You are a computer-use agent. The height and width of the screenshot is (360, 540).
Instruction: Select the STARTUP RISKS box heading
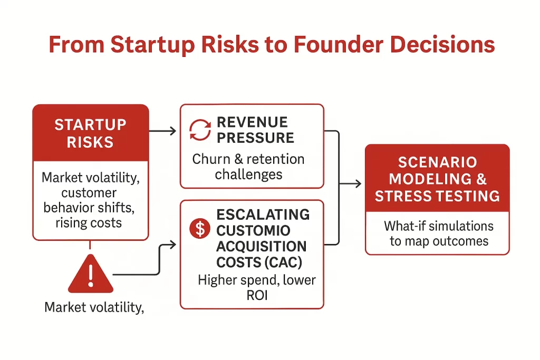(91, 133)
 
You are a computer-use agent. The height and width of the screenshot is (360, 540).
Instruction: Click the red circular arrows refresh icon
(200, 130)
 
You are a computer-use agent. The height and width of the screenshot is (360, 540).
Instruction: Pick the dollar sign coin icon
(200, 229)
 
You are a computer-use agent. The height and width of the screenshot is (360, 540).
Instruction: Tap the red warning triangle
(91, 274)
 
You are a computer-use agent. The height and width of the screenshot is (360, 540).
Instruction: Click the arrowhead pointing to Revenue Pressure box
(173, 131)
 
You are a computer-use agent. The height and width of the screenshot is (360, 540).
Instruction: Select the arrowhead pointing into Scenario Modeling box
(359, 183)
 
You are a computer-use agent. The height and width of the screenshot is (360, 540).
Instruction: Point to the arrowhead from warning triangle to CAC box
(173, 245)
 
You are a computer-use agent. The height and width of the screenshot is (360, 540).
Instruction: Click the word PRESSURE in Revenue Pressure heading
(256, 138)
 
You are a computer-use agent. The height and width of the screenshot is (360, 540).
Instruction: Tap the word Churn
(211, 159)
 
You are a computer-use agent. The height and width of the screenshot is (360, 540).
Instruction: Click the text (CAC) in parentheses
(284, 262)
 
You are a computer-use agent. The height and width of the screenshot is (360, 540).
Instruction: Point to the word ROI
(257, 295)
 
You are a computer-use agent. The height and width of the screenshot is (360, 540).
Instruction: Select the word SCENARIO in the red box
(437, 162)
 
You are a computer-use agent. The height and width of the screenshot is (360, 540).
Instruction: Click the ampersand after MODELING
(481, 179)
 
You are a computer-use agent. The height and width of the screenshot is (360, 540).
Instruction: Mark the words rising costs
(89, 223)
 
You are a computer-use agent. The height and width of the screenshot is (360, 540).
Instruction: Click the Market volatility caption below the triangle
(94, 307)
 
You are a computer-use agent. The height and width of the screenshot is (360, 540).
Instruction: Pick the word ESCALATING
(263, 215)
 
